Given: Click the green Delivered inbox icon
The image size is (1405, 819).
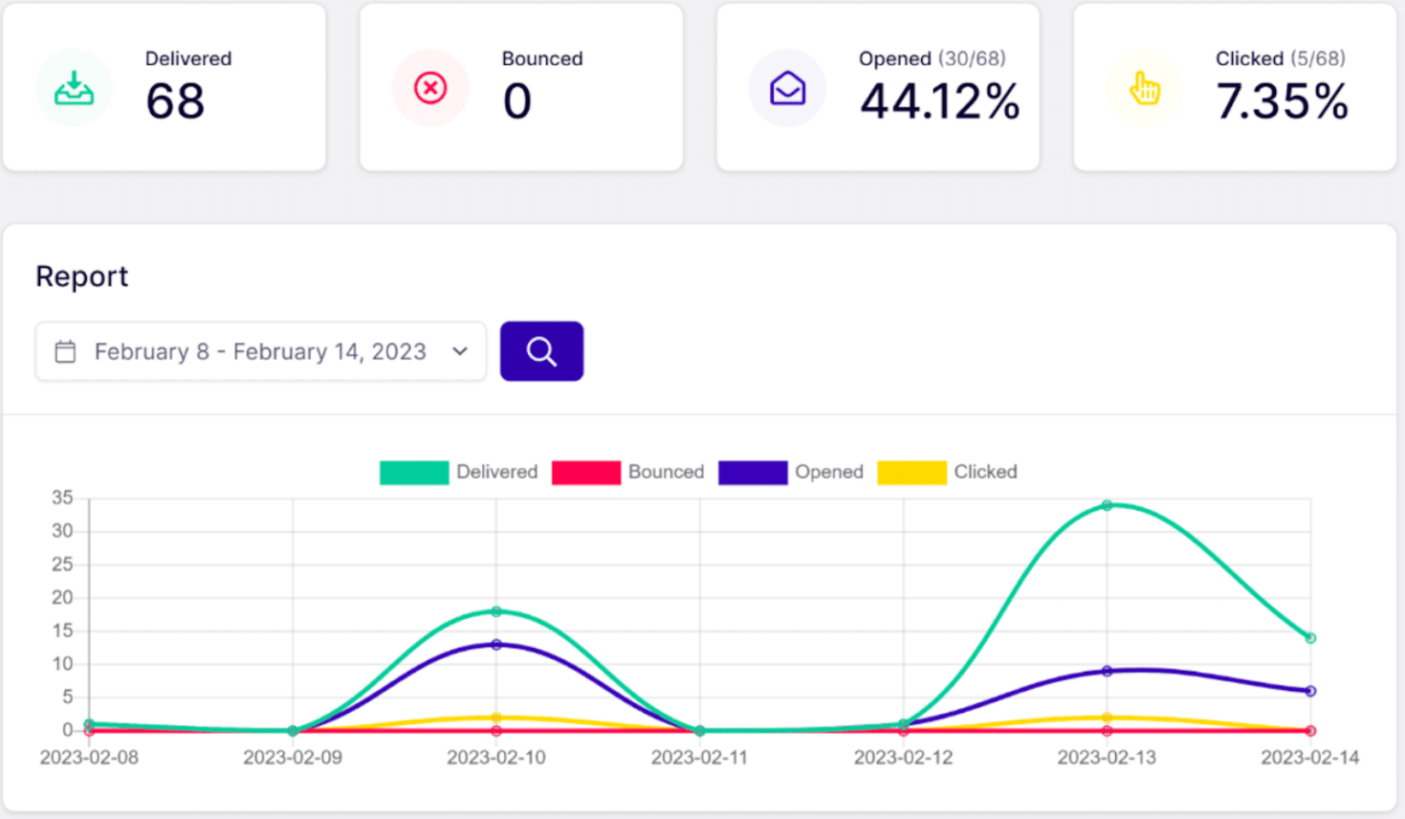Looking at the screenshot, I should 74,89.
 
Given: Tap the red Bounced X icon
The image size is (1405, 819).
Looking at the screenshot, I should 430,89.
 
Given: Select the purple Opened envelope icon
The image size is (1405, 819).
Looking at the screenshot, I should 788,89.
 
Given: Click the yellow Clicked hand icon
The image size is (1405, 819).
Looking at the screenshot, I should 1144,89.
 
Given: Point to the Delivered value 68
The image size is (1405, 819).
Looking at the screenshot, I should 176,101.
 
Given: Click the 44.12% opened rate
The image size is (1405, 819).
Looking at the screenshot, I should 939,101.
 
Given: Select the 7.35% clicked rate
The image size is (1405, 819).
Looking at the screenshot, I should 1282,101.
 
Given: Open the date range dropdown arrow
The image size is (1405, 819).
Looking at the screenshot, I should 460,351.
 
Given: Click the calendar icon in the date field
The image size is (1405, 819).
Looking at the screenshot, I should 66,352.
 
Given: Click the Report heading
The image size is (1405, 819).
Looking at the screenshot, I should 82,276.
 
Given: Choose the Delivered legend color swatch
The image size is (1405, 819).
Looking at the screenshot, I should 413,472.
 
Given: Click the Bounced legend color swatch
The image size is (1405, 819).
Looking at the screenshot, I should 585,472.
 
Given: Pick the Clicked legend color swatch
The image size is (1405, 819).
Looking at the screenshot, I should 911,472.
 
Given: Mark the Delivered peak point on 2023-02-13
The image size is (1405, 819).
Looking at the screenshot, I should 1107,505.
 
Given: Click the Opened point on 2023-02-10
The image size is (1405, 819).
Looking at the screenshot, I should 497,644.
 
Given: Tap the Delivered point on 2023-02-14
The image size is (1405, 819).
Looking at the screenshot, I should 1310,638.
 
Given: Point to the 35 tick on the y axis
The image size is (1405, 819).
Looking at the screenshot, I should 62,498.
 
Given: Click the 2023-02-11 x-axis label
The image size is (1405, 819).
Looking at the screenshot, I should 700,758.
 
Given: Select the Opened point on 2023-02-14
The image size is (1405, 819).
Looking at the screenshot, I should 1310,691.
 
